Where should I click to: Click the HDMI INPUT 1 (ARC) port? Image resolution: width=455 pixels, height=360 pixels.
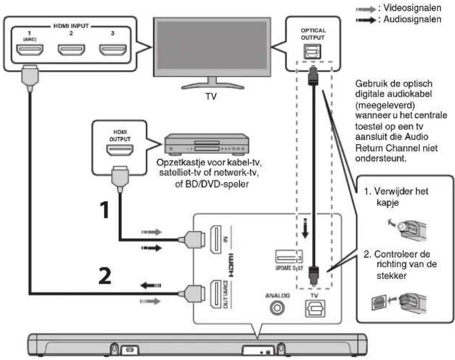(x=30, y=50)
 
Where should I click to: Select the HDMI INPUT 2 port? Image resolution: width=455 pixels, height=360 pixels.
(x=71, y=50)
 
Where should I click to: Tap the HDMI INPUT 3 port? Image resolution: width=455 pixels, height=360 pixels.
(x=113, y=50)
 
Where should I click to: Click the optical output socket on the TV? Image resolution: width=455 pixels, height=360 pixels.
(x=312, y=52)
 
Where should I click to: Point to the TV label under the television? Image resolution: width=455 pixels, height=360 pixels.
(x=211, y=96)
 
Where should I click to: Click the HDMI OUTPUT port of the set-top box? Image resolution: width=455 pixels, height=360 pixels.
(x=120, y=150)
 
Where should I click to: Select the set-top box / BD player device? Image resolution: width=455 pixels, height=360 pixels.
(x=206, y=144)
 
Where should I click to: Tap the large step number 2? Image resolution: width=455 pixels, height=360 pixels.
(x=105, y=276)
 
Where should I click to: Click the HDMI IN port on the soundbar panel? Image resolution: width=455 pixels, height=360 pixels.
(x=216, y=239)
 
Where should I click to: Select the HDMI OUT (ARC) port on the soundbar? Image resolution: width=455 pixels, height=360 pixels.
(x=216, y=294)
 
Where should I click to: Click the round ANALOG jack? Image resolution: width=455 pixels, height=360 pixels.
(x=277, y=308)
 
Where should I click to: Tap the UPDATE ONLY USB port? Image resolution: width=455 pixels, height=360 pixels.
(x=289, y=257)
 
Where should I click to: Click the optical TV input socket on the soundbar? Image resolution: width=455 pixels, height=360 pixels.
(x=315, y=308)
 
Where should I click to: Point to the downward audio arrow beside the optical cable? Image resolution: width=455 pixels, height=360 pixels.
(x=304, y=228)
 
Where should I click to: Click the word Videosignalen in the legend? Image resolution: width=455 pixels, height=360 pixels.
(x=412, y=8)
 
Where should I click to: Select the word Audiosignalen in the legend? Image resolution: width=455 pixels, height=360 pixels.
(x=412, y=19)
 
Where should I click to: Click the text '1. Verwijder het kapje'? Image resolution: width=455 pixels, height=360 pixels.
(x=396, y=197)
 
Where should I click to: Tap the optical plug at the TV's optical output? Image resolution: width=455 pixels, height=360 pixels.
(x=313, y=76)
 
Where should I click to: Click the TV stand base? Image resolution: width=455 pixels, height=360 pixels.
(x=212, y=85)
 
